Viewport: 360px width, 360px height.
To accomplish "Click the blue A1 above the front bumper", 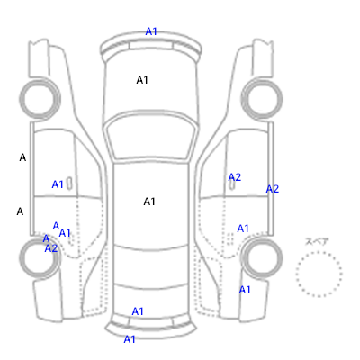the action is coord(151,31).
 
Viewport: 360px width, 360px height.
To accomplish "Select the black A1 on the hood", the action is coord(142,80).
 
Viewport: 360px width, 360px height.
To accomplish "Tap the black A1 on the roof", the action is coord(149,202).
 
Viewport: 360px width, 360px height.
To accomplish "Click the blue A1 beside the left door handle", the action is coord(58,184).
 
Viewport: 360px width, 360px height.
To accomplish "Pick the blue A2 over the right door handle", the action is coord(235,177).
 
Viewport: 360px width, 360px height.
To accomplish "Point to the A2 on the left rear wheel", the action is coord(51,248).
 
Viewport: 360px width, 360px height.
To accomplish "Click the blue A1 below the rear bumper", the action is coord(130,339).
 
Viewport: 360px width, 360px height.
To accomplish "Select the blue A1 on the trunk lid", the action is coord(138,311).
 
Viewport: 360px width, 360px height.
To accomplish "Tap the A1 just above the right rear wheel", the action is coord(243,229).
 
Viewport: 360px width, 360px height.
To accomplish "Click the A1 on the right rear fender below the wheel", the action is coord(245,290).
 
